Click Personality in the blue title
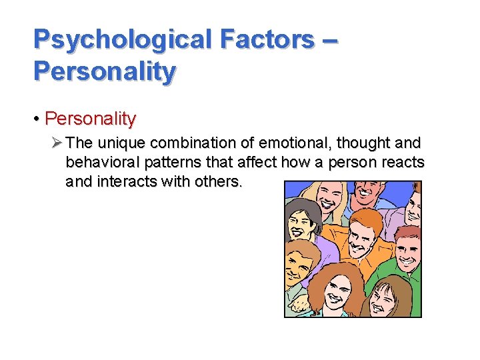[105, 71]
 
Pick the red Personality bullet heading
[90, 119]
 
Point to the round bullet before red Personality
[38, 119]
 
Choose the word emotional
[279, 143]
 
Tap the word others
[219, 181]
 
